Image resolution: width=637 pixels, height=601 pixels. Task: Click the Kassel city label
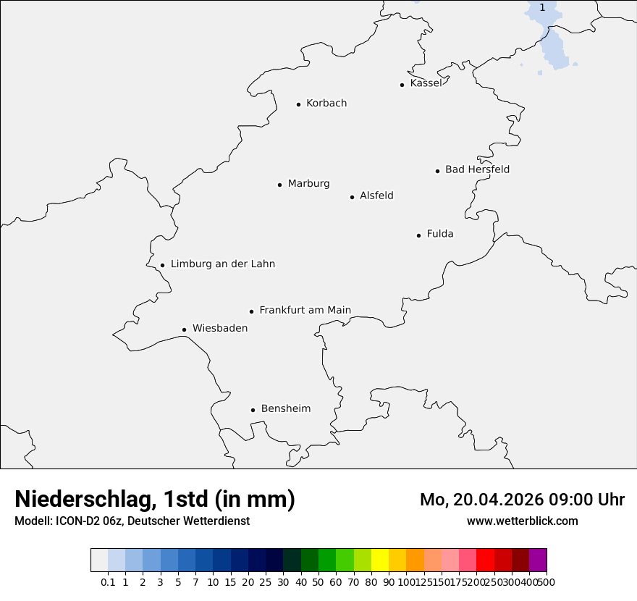point(426,83)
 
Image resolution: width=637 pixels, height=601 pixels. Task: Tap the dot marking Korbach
point(298,104)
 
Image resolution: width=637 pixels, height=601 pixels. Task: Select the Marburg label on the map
point(308,184)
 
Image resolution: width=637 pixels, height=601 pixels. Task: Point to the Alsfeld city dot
point(353,197)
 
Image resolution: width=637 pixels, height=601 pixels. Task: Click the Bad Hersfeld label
point(477,169)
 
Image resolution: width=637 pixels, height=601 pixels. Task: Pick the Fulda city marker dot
point(419,235)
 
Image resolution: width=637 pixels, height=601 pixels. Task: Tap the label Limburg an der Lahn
point(223,264)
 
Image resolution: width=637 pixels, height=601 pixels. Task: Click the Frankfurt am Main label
point(305,311)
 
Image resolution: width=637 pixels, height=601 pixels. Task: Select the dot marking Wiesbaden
point(185,330)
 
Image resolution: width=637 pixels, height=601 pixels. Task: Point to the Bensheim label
point(286,409)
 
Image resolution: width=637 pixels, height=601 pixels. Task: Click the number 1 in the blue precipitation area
point(542,7)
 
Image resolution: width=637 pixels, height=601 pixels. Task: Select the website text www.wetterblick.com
point(522,521)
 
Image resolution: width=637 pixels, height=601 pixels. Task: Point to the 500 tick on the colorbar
point(547,581)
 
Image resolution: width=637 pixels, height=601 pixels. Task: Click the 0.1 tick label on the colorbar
point(108,581)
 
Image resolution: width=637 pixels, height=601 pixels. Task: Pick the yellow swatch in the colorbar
point(380,560)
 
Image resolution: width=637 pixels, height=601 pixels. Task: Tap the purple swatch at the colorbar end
point(539,560)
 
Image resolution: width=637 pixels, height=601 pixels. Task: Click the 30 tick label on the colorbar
point(284,581)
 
